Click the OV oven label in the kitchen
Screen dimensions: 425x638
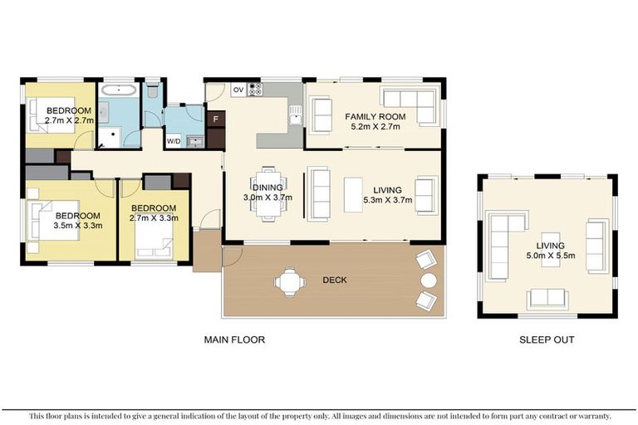click(x=238, y=90)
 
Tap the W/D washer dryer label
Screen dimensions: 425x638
click(x=174, y=140)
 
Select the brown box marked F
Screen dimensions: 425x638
click(x=216, y=120)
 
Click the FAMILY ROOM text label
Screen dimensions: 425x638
click(x=375, y=117)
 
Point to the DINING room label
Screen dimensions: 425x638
click(x=267, y=188)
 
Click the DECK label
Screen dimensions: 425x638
click(x=334, y=281)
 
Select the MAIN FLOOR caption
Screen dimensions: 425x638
click(x=235, y=340)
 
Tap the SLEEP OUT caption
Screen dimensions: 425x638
click(x=546, y=340)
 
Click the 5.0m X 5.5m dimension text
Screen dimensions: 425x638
click(x=550, y=256)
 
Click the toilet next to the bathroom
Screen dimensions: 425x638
click(x=153, y=92)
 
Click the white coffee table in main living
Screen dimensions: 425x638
click(x=353, y=194)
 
